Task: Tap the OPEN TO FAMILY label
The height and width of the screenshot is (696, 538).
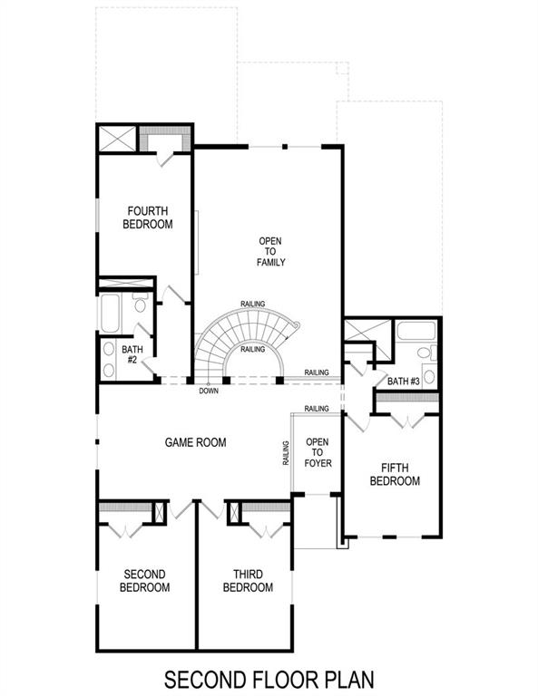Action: [270, 251]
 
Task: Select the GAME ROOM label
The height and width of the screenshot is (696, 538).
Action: [195, 442]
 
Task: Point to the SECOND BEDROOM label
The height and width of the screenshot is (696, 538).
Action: [145, 581]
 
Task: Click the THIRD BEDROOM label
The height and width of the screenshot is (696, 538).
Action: [248, 581]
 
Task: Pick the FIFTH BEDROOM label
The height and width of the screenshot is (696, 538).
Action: [395, 474]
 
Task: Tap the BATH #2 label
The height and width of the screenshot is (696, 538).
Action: [132, 353]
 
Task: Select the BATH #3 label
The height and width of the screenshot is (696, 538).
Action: [404, 382]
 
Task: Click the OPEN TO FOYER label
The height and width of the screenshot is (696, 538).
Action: [318, 452]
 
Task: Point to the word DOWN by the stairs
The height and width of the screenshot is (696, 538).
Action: [210, 391]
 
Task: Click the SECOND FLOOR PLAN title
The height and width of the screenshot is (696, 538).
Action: [269, 678]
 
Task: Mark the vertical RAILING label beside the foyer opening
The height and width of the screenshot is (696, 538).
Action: [285, 453]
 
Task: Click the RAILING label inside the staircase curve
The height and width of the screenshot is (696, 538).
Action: [252, 348]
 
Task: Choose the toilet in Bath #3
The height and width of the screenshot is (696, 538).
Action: [423, 355]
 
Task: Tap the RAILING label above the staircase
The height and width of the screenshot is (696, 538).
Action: [253, 304]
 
